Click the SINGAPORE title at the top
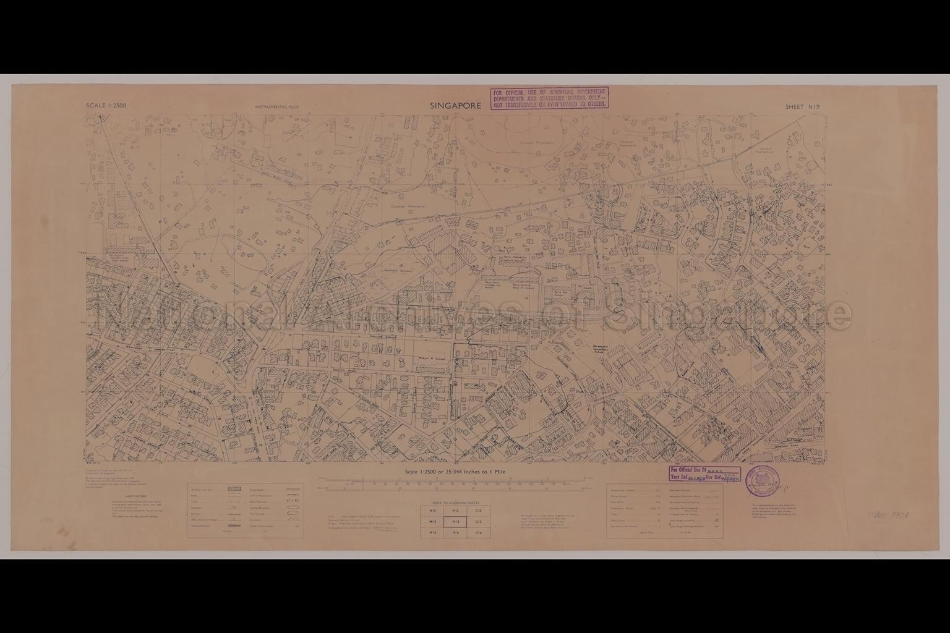[x=455, y=106]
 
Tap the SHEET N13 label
[x=802, y=107]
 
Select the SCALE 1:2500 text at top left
[x=106, y=106]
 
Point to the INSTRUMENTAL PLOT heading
[x=276, y=107]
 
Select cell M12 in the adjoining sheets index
[x=432, y=511]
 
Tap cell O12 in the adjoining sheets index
[x=478, y=511]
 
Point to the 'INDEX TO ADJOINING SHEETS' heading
[x=455, y=503]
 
